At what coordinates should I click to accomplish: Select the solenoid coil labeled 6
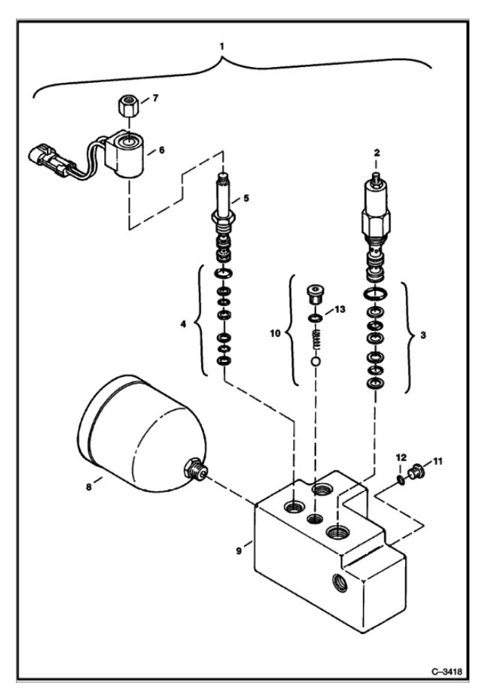pyautogui.click(x=127, y=157)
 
